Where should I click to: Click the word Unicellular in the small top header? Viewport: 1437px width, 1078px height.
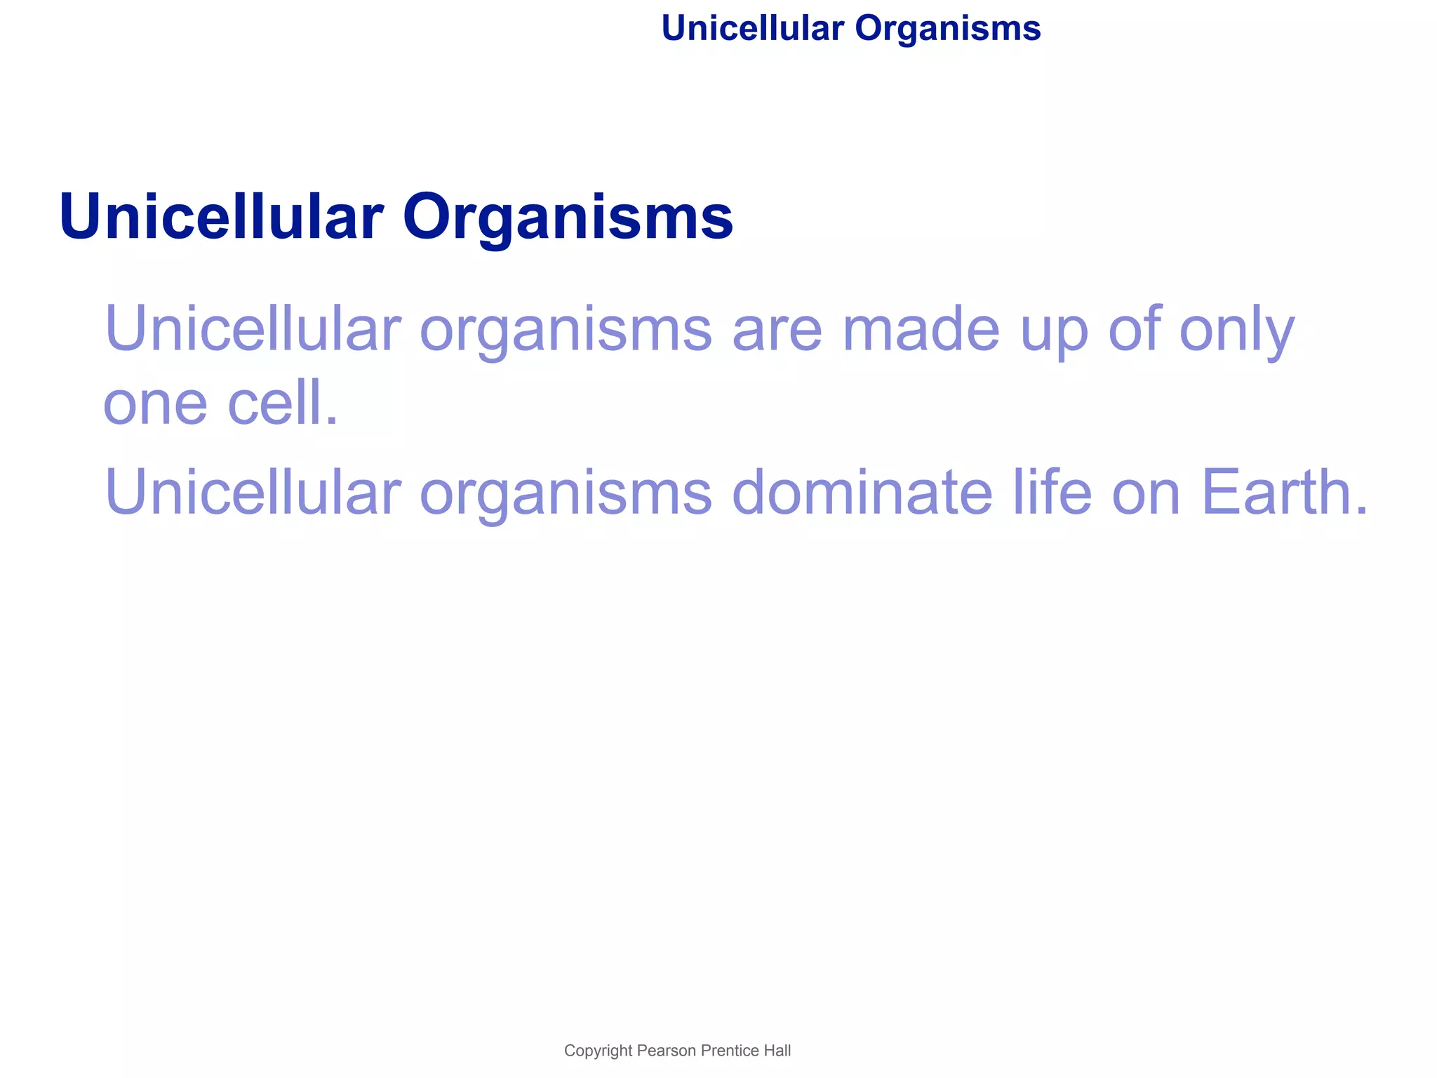click(x=752, y=29)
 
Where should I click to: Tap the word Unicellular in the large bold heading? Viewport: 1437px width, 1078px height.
click(x=221, y=217)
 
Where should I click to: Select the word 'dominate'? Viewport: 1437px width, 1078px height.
click(x=862, y=493)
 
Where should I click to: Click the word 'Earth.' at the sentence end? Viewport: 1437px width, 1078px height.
click(x=1284, y=493)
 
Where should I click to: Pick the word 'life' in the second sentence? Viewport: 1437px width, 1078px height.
click(x=1052, y=493)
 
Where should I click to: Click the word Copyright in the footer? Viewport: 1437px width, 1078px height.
click(x=598, y=1051)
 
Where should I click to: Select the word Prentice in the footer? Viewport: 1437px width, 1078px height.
click(x=730, y=1051)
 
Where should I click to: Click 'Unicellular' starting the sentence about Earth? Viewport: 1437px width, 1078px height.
click(x=253, y=493)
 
